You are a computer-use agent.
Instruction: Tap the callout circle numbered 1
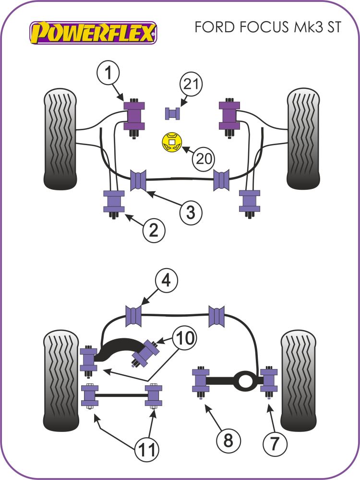[x=110, y=74]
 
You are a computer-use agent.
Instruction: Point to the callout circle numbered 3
[x=191, y=212]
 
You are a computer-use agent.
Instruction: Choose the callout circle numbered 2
[x=154, y=232]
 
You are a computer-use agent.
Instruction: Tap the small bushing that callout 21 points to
[x=172, y=113]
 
